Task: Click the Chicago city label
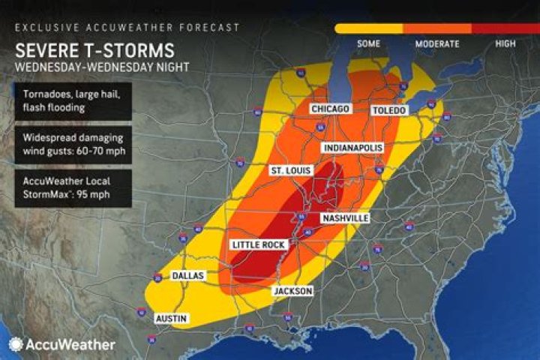[x=330, y=109]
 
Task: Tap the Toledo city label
[x=389, y=110]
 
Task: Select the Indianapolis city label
[x=352, y=148]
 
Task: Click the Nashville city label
[x=345, y=218]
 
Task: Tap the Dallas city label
[x=189, y=275]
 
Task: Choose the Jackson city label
[x=292, y=291]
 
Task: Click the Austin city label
[x=170, y=319]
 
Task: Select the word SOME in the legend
[x=368, y=44]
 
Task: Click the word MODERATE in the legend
[x=437, y=44]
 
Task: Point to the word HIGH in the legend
[x=505, y=44]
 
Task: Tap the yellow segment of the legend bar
[x=368, y=28]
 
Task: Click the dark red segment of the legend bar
[x=505, y=28]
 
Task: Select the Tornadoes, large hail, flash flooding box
[x=72, y=101]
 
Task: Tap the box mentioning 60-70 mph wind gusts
[x=72, y=145]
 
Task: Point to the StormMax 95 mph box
[x=72, y=188]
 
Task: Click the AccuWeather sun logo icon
[x=15, y=344]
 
